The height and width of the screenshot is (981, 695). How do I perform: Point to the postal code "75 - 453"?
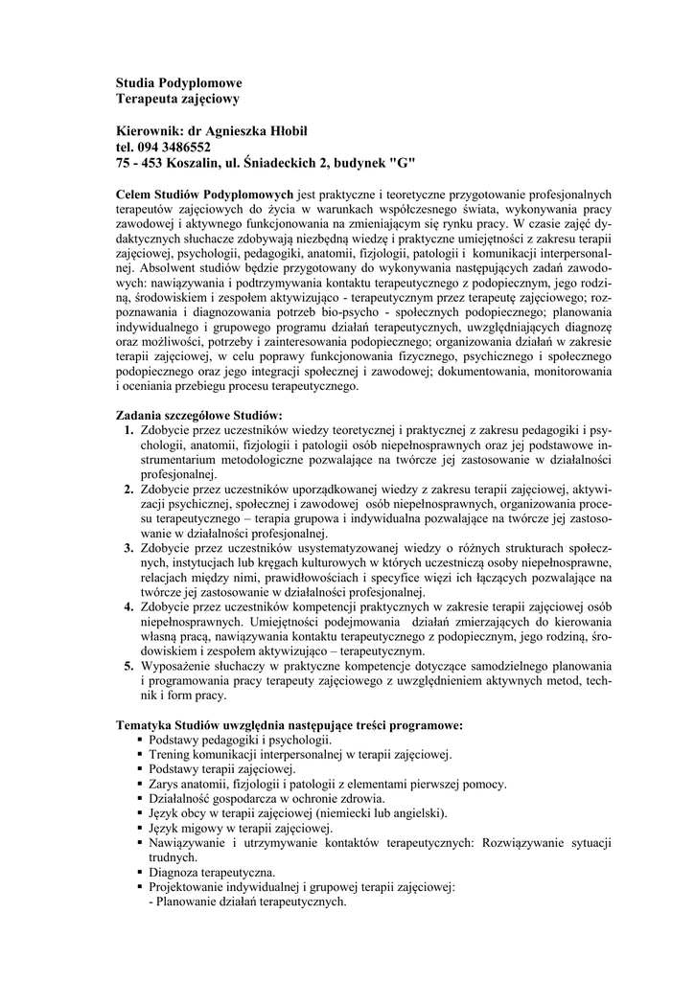pyautogui.click(x=140, y=163)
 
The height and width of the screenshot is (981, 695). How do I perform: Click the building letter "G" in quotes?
pyautogui.click(x=397, y=163)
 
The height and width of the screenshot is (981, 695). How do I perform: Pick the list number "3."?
pyautogui.click(x=128, y=548)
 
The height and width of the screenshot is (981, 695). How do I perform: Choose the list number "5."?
pyautogui.click(x=128, y=665)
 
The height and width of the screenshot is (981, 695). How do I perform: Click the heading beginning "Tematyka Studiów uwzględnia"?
pyautogui.click(x=290, y=724)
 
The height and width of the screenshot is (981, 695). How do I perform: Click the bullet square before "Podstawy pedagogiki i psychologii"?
pyautogui.click(x=140, y=740)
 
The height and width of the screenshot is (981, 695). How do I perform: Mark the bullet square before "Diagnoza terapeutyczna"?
pyautogui.click(x=140, y=873)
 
